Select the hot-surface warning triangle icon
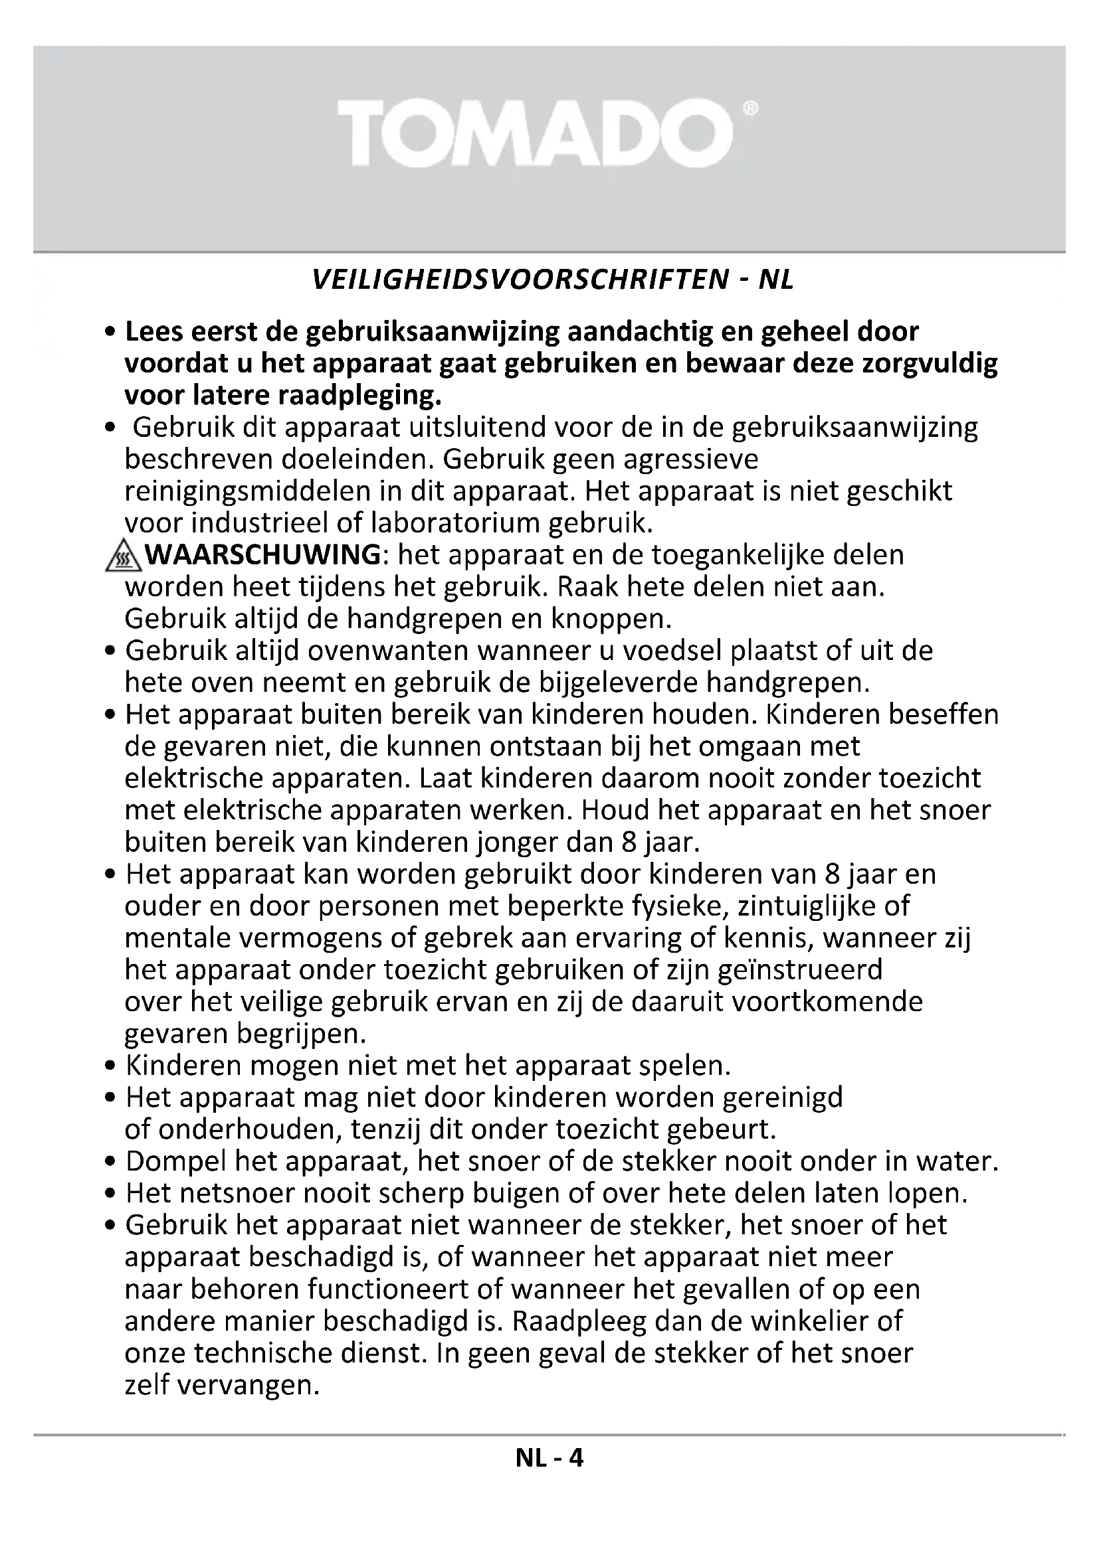point(122,557)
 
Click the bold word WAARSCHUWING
point(263,555)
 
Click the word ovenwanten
point(389,651)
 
